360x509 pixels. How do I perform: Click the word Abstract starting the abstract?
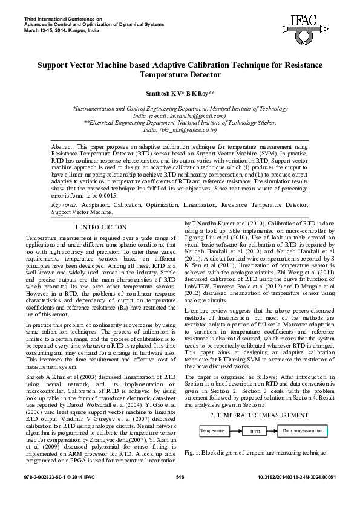[62, 147]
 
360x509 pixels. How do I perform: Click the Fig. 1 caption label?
[192, 452]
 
